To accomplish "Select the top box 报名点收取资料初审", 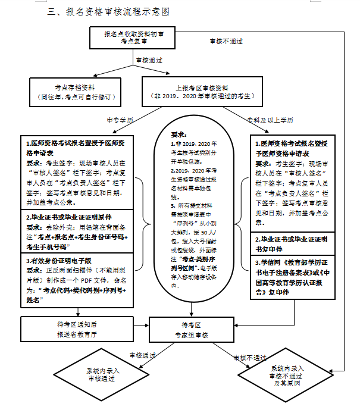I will pyautogui.click(x=138, y=38).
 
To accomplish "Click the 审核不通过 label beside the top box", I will pyautogui.click(x=226, y=41).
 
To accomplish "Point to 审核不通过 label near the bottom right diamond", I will pyautogui.click(x=249, y=358).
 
